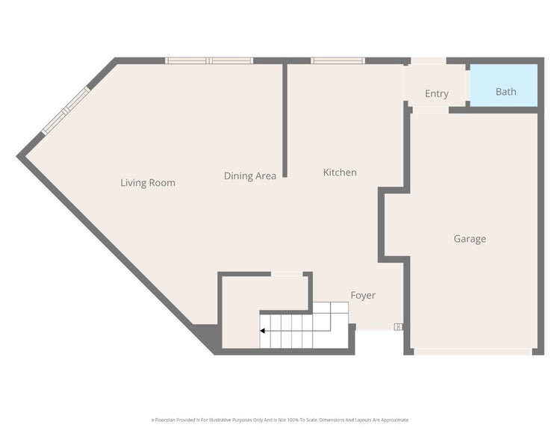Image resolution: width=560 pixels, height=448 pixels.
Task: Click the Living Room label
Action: click(x=148, y=182)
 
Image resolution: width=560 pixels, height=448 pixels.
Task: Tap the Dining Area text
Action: click(x=250, y=176)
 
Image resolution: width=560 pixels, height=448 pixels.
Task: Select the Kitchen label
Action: click(x=340, y=172)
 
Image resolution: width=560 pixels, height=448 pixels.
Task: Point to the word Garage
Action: click(x=470, y=239)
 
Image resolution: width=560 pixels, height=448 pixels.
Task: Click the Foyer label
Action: click(x=363, y=296)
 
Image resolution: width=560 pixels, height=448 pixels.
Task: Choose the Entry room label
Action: click(x=437, y=93)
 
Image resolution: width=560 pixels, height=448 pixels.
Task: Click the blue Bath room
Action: click(x=505, y=85)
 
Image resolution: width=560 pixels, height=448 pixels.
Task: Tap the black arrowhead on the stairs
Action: click(x=263, y=331)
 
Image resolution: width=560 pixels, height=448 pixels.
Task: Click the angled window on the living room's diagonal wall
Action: click(x=66, y=111)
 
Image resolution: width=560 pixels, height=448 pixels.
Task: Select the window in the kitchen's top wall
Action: click(x=337, y=60)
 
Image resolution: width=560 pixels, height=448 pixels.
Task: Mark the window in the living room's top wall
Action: click(x=209, y=60)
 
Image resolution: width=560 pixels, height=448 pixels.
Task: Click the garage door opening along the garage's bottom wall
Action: click(x=473, y=350)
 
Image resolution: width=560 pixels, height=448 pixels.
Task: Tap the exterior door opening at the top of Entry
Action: click(x=429, y=60)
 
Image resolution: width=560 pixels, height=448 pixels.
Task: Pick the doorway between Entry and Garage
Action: click(x=429, y=110)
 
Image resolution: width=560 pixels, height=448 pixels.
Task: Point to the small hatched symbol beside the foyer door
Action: click(x=398, y=326)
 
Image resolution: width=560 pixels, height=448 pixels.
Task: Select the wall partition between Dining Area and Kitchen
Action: click(x=284, y=119)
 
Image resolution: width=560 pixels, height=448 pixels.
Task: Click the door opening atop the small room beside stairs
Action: click(x=287, y=274)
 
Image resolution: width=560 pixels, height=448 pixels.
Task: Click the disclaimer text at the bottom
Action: click(x=280, y=420)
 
